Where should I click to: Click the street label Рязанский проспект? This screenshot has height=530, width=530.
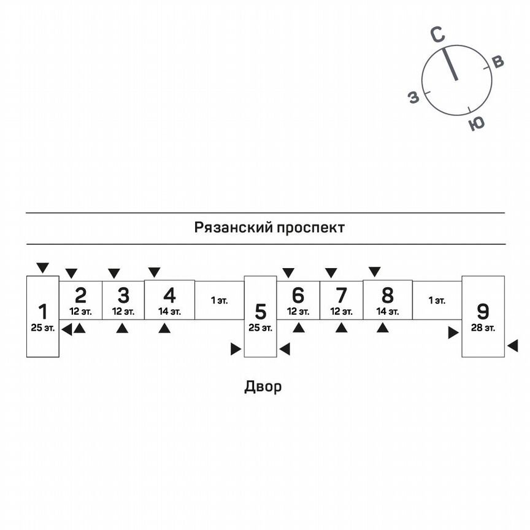tap(269, 228)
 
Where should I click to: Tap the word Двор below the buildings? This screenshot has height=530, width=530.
tap(263, 386)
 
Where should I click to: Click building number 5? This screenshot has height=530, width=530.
tap(261, 312)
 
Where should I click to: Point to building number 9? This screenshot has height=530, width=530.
tap(483, 311)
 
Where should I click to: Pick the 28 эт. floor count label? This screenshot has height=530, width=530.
tap(483, 328)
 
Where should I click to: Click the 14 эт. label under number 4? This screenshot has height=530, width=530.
tap(169, 312)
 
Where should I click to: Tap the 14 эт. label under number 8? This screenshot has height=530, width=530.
tap(387, 312)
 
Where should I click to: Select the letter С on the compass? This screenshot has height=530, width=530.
tap(437, 36)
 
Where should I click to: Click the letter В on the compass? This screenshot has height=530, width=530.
tap(498, 61)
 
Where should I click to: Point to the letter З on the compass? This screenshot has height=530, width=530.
tap(414, 97)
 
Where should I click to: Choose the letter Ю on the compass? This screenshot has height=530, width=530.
tap(476, 123)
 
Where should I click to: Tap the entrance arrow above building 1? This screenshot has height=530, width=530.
tap(42, 267)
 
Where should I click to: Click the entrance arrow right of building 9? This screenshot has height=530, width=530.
tap(512, 347)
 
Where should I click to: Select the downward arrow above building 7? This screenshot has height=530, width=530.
tap(331, 272)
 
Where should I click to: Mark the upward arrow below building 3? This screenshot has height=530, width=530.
tap(123, 328)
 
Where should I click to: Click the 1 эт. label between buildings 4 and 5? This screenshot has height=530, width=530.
tap(219, 300)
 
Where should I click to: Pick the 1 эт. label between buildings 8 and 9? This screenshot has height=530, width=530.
tap(437, 300)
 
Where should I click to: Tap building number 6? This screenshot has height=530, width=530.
tap(298, 296)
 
